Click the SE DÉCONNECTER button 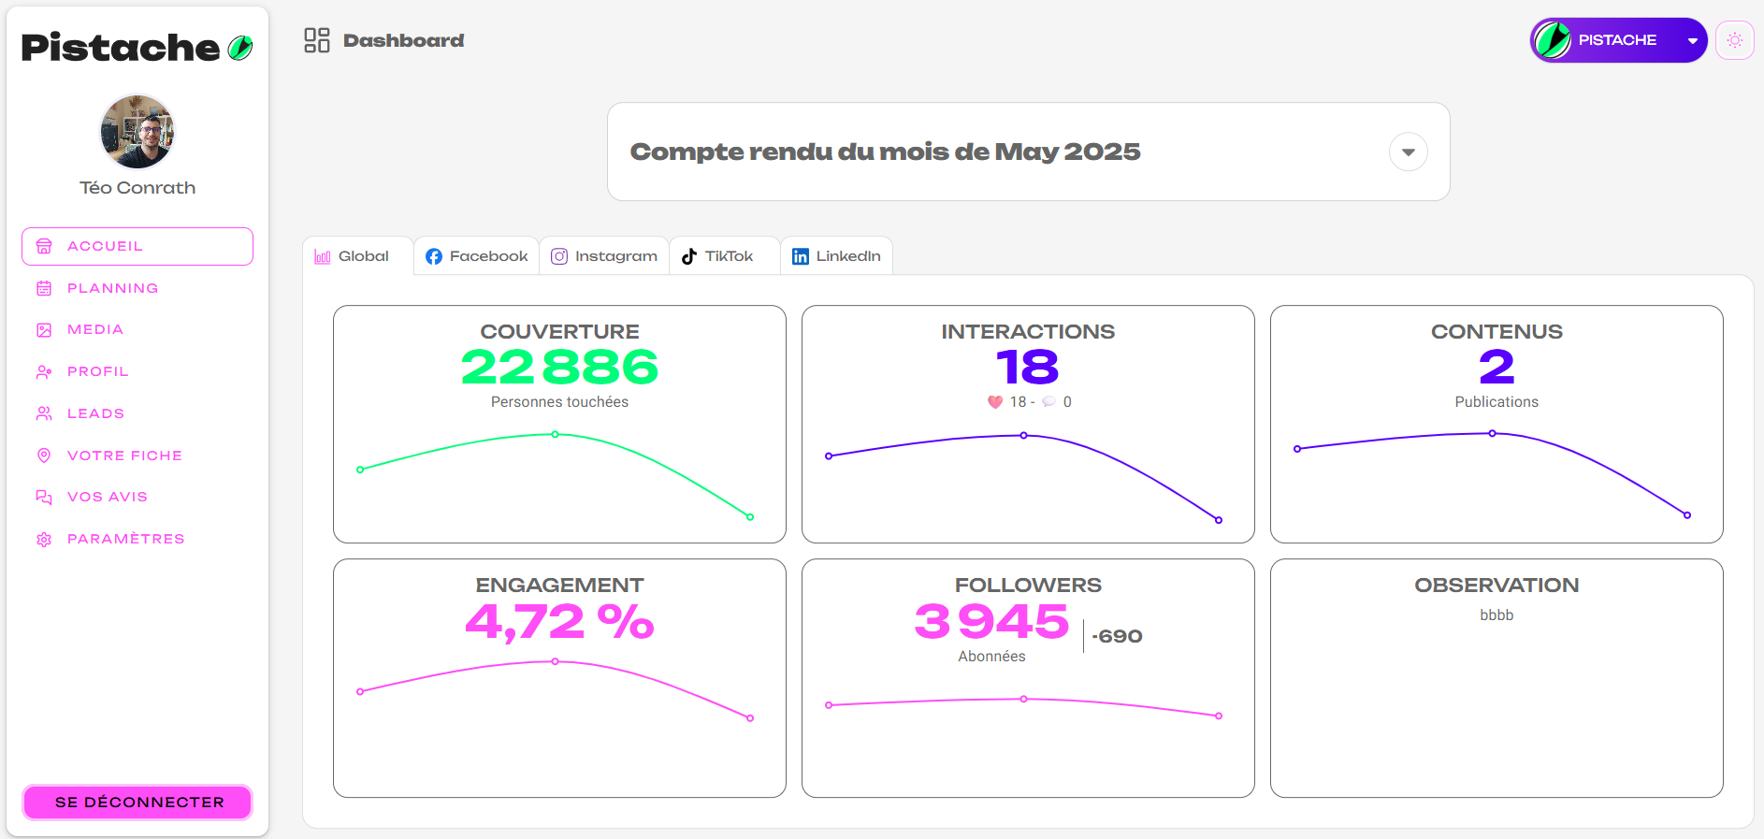[137, 803]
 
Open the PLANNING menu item [112, 288]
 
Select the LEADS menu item [95, 413]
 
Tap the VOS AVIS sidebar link [107, 497]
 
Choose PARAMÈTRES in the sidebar [125, 539]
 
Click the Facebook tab [477, 256]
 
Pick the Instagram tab [604, 256]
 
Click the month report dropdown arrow [1408, 152]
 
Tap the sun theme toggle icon [1734, 40]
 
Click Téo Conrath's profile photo [137, 132]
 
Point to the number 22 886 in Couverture [559, 367]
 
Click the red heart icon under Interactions [995, 402]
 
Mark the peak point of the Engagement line [556, 661]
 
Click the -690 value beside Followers [1117, 636]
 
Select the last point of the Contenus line [1687, 515]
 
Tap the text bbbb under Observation [1497, 615]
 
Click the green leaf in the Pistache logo [240, 48]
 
